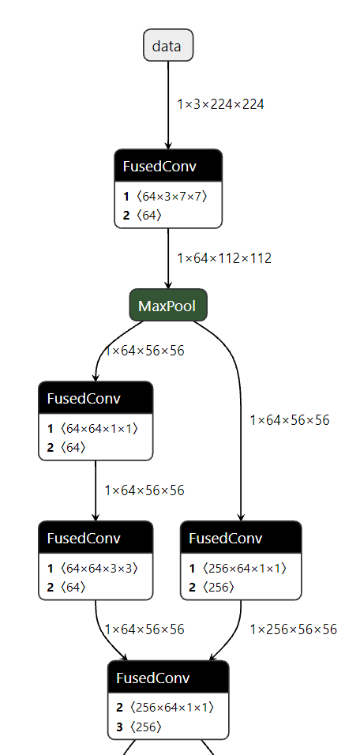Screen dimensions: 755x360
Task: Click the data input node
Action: point(167,46)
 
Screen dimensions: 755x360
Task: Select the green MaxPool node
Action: point(167,305)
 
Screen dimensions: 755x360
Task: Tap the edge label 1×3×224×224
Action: point(220,103)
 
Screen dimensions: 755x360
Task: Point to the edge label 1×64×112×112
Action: point(224,258)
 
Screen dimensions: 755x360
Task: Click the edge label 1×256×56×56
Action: point(293,629)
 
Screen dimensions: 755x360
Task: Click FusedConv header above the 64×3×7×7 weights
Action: point(167,167)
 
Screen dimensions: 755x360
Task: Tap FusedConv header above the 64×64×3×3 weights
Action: point(95,539)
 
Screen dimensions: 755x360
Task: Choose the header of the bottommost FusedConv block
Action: point(167,678)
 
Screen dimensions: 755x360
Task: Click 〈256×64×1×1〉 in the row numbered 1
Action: point(244,568)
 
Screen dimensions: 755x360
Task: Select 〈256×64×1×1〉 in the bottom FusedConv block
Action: point(171,708)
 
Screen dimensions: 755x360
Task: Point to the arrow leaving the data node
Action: point(167,103)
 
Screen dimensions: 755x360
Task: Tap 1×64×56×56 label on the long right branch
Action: point(290,420)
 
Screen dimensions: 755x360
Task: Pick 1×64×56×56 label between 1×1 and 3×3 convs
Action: point(144,490)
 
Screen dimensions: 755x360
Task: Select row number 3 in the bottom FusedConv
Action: point(120,727)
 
